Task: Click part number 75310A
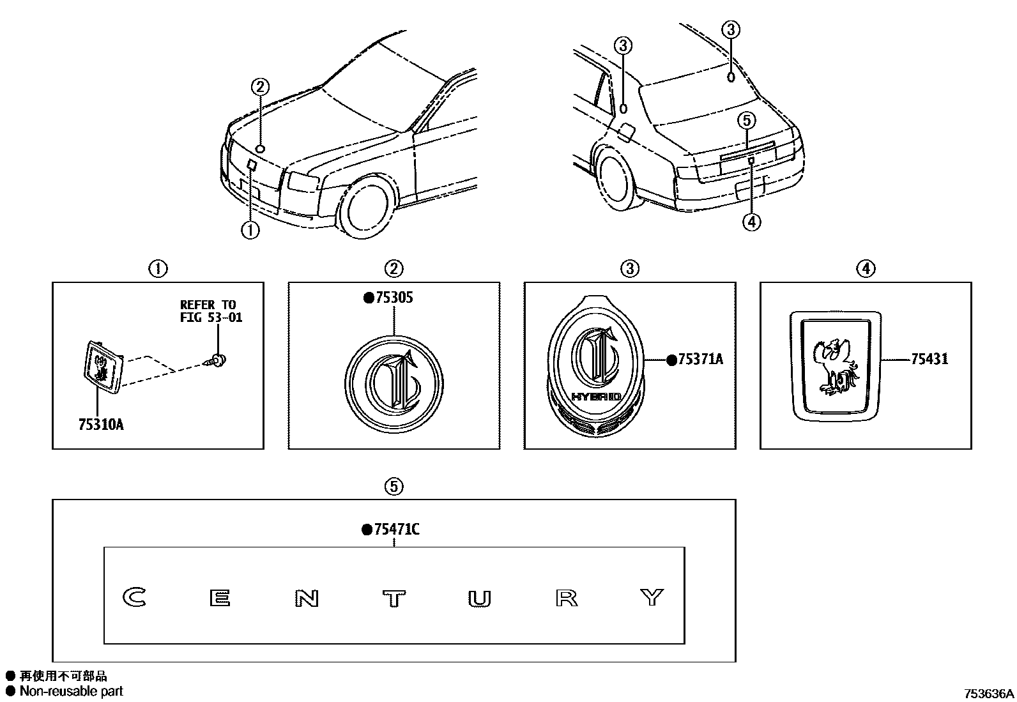coord(100,423)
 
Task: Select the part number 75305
coord(392,298)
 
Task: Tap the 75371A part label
coord(700,360)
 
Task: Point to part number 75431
coord(929,360)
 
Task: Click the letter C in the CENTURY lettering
coord(135,597)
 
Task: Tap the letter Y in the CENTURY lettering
coord(652,597)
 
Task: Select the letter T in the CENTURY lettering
coord(394,599)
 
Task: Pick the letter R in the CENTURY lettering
coord(567,599)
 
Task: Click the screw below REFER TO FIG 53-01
coord(218,361)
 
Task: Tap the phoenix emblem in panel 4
coord(834,367)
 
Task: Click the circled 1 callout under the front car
coord(250,230)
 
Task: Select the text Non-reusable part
coord(71,691)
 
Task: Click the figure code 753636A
coord(989,694)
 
